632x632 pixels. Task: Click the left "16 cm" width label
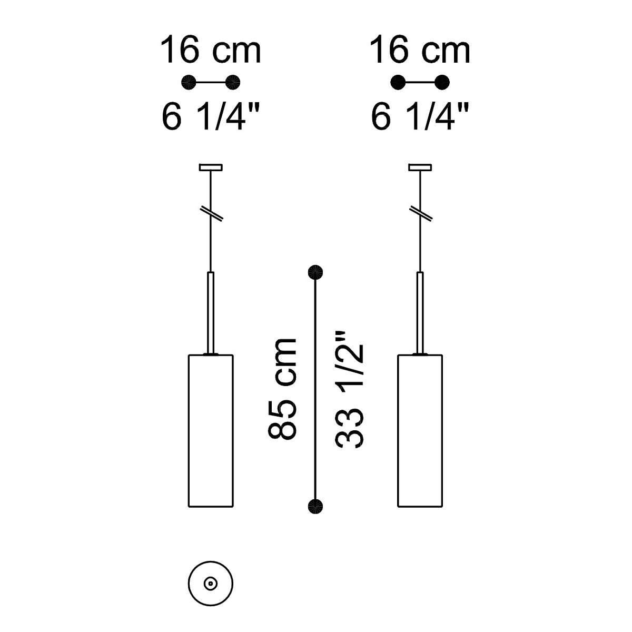(x=211, y=50)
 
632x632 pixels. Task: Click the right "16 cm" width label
(x=420, y=50)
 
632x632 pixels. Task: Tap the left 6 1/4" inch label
(x=211, y=116)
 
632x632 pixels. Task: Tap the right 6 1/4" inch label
(x=420, y=116)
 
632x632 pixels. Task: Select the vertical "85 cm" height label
(x=282, y=389)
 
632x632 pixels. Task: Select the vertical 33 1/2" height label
(x=349, y=389)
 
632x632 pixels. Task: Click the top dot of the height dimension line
(x=315, y=272)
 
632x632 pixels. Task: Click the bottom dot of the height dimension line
(x=315, y=506)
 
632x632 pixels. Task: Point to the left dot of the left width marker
(x=189, y=82)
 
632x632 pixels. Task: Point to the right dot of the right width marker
(x=442, y=82)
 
